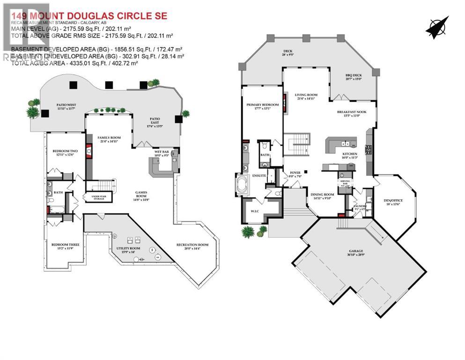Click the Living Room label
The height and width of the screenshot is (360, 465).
click(x=306, y=96)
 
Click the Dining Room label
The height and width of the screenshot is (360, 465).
click(x=322, y=195)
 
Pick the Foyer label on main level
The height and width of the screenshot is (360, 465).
click(x=295, y=173)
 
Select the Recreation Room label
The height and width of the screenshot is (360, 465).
click(x=192, y=246)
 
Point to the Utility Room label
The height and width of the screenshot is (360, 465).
click(x=130, y=250)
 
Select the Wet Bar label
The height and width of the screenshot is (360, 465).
click(x=161, y=152)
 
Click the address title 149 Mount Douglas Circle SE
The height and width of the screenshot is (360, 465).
click(x=89, y=16)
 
